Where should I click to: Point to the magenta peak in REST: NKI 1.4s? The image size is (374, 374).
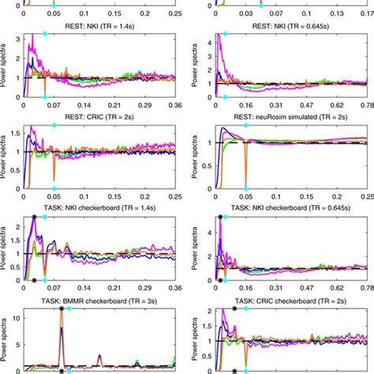[31, 47]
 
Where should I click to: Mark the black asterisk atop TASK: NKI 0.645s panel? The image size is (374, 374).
[219, 216]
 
